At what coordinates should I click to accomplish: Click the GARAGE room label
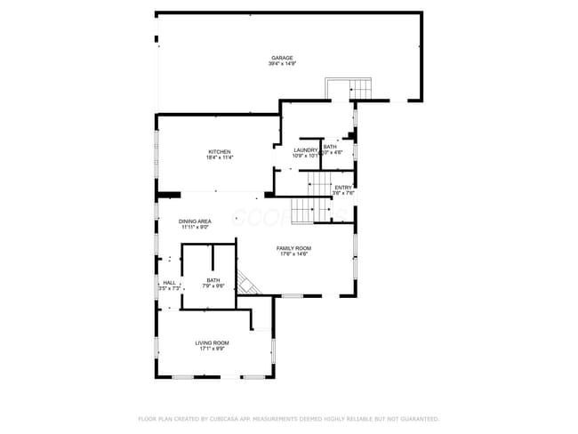tap(282, 58)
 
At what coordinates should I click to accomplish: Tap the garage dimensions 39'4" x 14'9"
tap(282, 64)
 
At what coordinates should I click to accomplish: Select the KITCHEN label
tap(220, 150)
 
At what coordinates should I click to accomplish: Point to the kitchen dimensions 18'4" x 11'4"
tap(220, 157)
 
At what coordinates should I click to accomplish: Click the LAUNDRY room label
tap(306, 149)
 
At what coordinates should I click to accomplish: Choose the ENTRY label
tap(343, 186)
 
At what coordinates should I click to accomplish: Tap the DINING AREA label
tap(195, 221)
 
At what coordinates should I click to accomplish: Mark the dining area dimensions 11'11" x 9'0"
tap(195, 227)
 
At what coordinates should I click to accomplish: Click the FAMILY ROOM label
tap(293, 248)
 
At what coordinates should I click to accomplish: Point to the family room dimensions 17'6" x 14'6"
tap(293, 254)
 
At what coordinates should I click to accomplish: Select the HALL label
tap(169, 283)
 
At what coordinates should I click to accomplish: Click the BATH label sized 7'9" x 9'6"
tap(213, 280)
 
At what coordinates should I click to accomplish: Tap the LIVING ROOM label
tap(213, 342)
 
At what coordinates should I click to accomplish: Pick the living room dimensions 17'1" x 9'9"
tap(213, 349)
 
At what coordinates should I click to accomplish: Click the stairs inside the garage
tap(349, 89)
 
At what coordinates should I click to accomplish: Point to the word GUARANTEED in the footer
tap(414, 418)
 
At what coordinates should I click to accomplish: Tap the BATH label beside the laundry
tap(330, 147)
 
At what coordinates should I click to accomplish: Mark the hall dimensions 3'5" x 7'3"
tap(169, 289)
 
